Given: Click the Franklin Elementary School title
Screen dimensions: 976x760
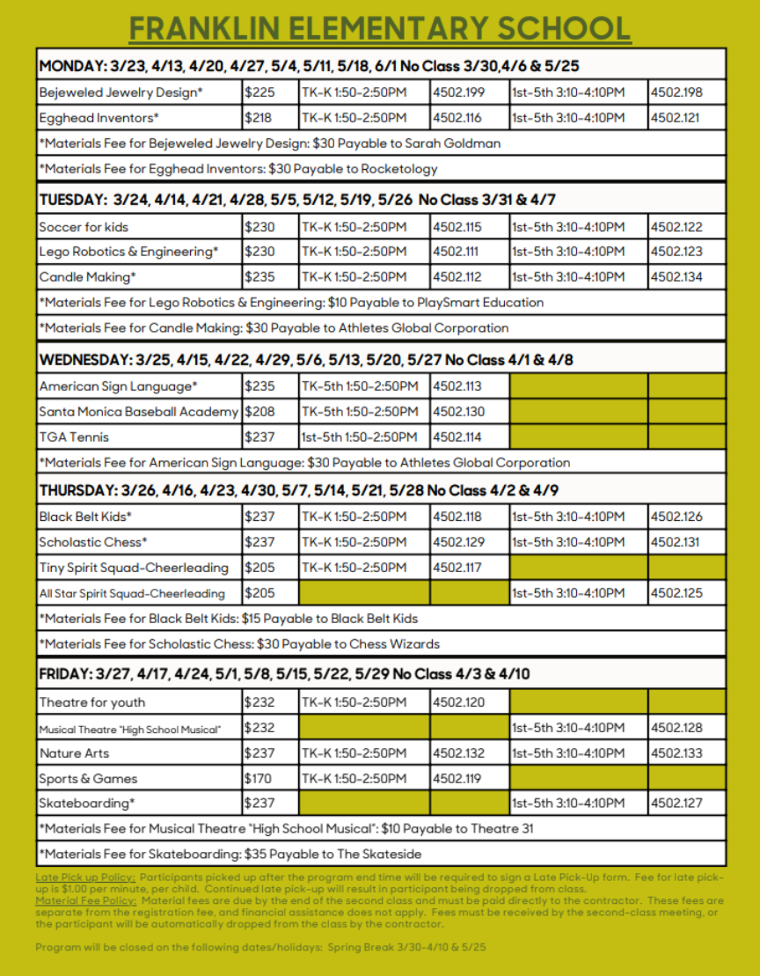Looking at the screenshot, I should (x=379, y=28).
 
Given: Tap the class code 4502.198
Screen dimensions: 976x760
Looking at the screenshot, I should (x=676, y=92).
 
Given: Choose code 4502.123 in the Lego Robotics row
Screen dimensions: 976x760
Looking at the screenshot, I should (x=676, y=252).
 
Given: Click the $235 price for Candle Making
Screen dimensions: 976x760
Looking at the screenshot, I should (x=259, y=277).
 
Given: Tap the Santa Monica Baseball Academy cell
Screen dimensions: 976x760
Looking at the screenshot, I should (x=139, y=412).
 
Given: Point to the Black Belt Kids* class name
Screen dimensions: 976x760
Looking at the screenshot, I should (x=85, y=517).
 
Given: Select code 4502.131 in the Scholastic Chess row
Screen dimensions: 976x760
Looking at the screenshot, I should (x=676, y=542).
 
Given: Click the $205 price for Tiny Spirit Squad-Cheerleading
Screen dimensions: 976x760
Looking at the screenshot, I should (x=259, y=568).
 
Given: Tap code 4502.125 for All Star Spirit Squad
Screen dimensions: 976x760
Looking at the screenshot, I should (x=676, y=593).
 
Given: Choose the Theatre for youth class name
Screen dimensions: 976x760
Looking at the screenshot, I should (x=92, y=702).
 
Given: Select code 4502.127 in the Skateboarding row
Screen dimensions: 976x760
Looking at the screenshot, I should (x=676, y=803).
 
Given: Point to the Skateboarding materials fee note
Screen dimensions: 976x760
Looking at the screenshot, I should (x=230, y=854).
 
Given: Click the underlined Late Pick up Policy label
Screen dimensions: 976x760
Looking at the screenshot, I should (x=85, y=878).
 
